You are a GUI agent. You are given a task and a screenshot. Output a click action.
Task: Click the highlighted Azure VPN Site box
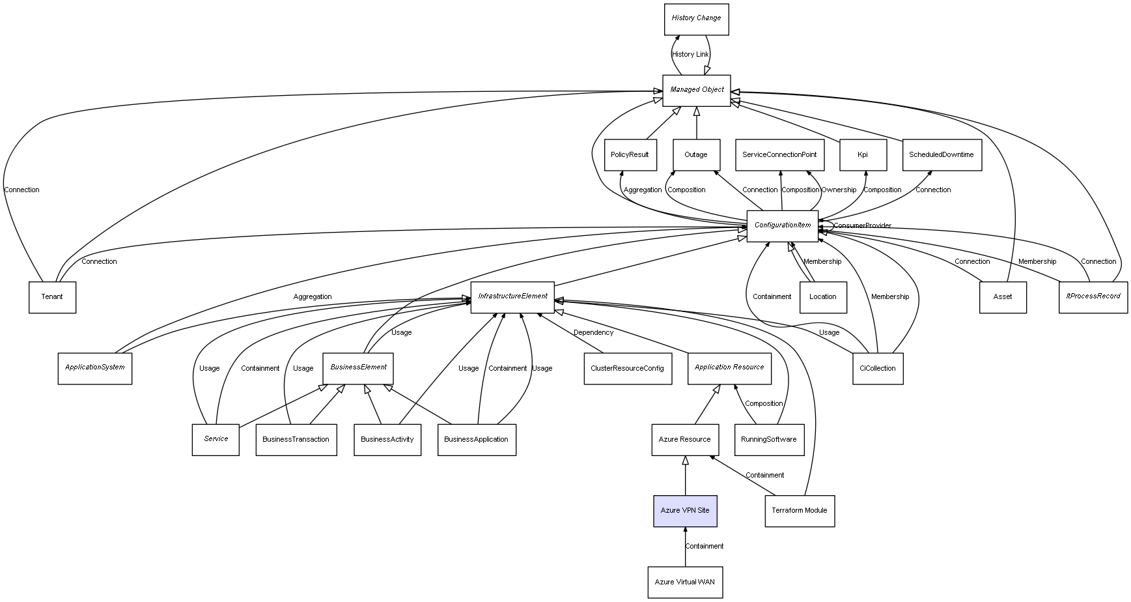[685, 511]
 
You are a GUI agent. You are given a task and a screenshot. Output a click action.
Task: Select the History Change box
[696, 19]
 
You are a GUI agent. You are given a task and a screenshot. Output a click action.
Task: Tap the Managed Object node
[696, 90]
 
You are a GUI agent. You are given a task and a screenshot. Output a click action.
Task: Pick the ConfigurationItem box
[782, 225]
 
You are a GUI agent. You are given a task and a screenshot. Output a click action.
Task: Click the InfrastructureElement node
[512, 296]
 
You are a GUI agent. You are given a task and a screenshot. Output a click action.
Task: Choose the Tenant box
[52, 297]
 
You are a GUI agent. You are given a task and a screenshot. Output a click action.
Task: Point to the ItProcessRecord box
[1093, 296]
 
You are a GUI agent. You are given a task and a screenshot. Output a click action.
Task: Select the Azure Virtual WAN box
[684, 582]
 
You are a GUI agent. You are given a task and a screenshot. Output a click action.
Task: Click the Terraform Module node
[799, 511]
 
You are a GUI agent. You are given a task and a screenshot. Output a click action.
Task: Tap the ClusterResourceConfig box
[627, 368]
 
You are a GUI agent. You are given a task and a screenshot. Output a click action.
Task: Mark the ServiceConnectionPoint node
[779, 155]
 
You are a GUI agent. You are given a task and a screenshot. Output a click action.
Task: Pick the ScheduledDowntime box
[941, 155]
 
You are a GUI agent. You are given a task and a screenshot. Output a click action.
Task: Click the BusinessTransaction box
[296, 440]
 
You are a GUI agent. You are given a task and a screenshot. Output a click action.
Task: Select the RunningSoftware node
[768, 440]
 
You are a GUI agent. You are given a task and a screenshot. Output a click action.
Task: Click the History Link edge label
[690, 55]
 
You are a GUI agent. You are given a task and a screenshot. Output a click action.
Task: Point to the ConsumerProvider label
[862, 226]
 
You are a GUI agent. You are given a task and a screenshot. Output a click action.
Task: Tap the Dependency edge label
[593, 333]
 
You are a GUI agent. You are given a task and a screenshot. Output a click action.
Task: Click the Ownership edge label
[839, 190]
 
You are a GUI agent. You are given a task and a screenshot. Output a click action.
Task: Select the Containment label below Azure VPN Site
[704, 547]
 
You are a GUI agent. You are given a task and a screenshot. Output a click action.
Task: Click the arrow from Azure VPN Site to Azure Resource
[685, 476]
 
